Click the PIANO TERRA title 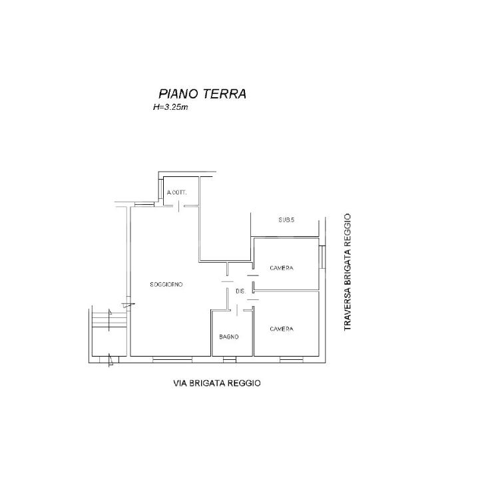point(202,94)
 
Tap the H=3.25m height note point(170,106)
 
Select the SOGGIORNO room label point(166,284)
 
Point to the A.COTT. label point(177,193)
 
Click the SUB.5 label point(286,220)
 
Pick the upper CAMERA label point(282,268)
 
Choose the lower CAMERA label point(282,329)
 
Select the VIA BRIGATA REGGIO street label point(216,383)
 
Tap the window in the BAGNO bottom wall point(229,359)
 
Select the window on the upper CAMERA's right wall point(321,255)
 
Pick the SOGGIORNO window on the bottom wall point(167,359)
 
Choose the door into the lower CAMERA point(253,303)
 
